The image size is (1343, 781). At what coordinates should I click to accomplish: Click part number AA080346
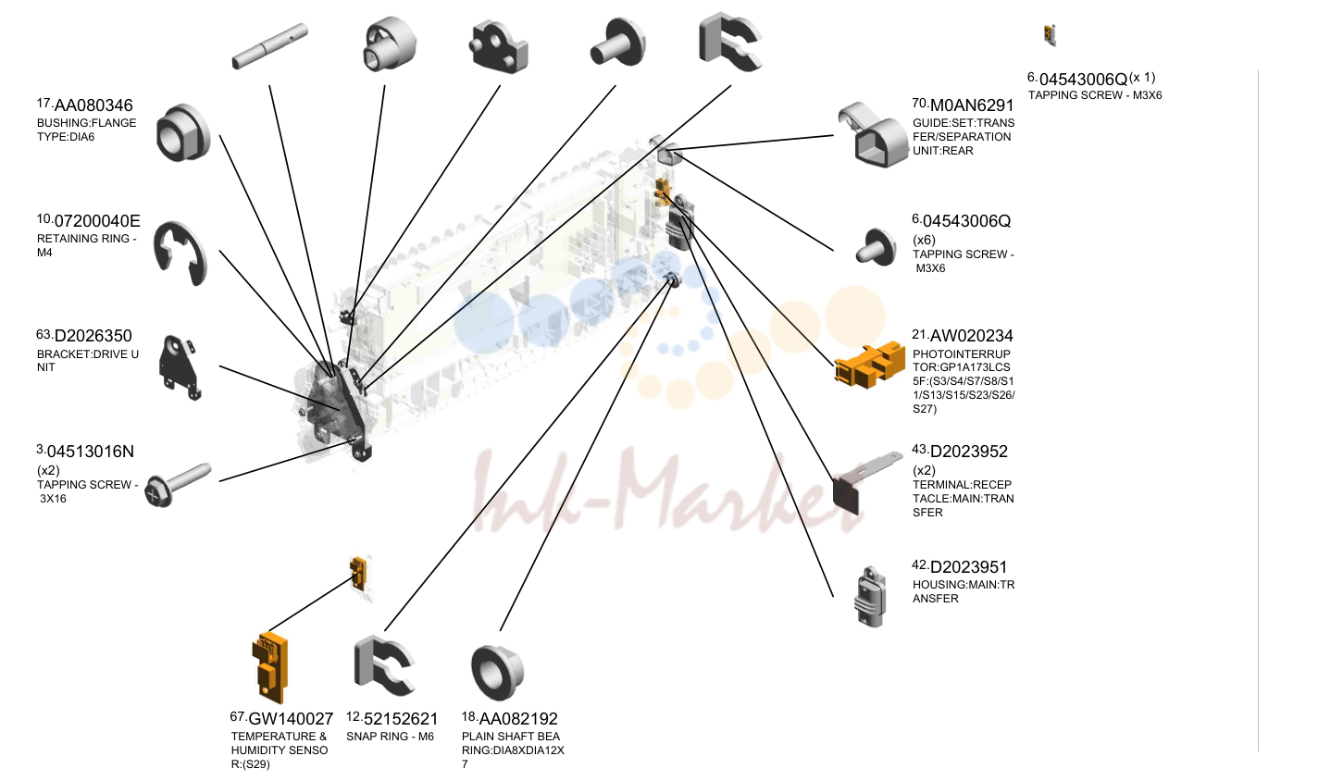coord(93,105)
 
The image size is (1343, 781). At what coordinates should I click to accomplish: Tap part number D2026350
coord(93,336)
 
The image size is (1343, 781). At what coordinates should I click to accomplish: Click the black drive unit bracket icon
coord(180,367)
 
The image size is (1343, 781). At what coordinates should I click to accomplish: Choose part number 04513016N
coord(91,452)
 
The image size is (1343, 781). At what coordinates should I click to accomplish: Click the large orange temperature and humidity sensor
coord(269,668)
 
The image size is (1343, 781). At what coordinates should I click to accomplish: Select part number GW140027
coord(291,719)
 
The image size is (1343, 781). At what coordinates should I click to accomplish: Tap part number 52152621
coord(401,719)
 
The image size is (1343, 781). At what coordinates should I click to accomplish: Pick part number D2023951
coord(968,567)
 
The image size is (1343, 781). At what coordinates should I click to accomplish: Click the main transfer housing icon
coord(870,597)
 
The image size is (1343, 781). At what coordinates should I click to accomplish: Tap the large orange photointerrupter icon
coord(870,365)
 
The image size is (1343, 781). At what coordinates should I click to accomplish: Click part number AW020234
coord(971,336)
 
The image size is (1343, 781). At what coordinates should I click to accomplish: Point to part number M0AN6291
coord(971,105)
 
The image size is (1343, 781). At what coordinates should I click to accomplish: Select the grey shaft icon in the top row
coord(269,46)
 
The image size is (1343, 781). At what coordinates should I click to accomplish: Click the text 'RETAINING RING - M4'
coord(86,246)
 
